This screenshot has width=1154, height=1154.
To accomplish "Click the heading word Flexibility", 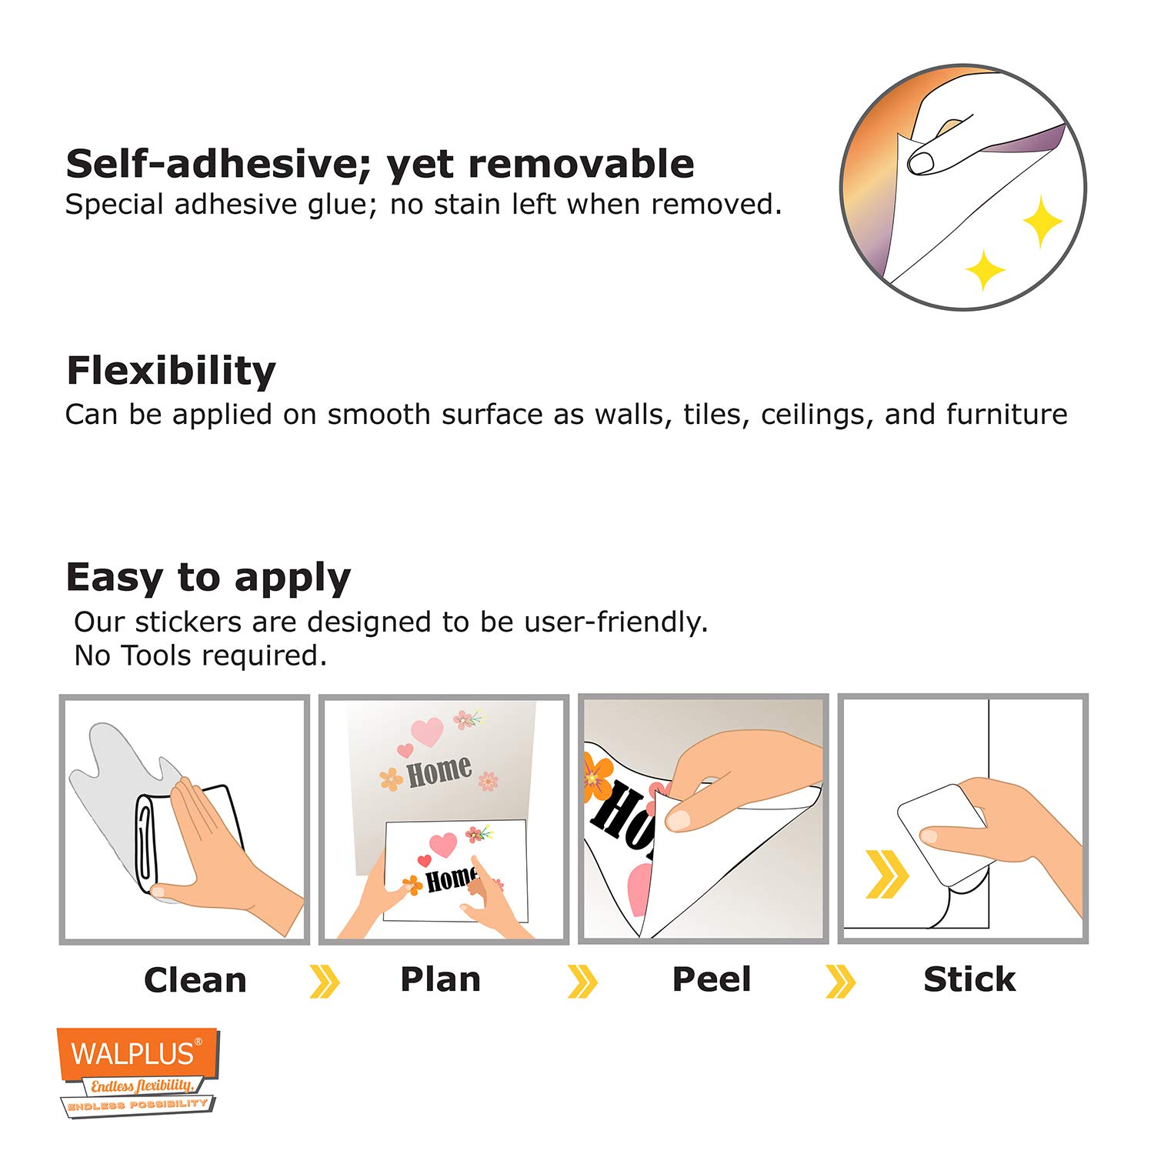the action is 171,371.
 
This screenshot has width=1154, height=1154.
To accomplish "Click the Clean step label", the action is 195,980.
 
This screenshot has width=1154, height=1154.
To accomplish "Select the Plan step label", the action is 441,979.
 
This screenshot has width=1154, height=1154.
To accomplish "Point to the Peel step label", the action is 712,979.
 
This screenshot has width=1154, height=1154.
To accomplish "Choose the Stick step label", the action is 969,979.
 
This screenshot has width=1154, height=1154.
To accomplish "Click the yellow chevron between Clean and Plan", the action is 325,982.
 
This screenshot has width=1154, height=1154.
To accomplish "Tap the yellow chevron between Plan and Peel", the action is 582,982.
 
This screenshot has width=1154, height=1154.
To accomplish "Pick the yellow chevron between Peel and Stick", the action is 840,982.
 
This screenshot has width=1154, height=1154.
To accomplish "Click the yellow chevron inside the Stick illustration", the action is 888,874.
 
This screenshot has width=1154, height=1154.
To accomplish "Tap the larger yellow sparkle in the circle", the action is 1042,222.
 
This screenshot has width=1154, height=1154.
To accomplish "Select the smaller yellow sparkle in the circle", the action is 985,270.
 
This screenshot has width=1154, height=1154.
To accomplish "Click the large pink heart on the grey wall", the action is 427,732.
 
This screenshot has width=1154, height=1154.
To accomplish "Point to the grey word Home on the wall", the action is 439,771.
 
